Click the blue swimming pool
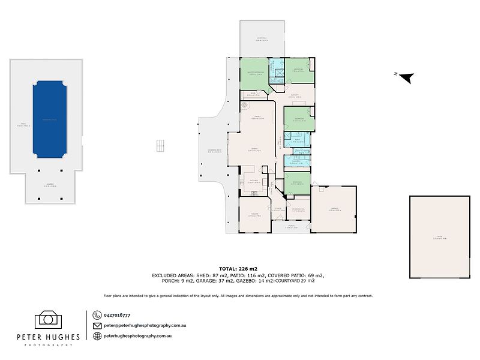pyautogui.click(x=50, y=120)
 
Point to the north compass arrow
pyautogui.click(x=406, y=77)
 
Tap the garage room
pyautogui.click(x=334, y=209)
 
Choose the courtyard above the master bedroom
pyautogui.click(x=262, y=39)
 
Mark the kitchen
pyautogui.click(x=254, y=182)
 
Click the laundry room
pyautogui.click(x=297, y=161)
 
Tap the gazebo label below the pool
pyautogui.click(x=50, y=185)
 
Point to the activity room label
pyautogui.click(x=295, y=96)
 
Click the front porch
pyautogui.click(x=291, y=227)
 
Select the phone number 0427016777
pyautogui.click(x=117, y=315)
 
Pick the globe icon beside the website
pyautogui.click(x=97, y=336)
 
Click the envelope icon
pyautogui.click(x=97, y=325)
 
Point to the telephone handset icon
pyautogui.click(x=97, y=315)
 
